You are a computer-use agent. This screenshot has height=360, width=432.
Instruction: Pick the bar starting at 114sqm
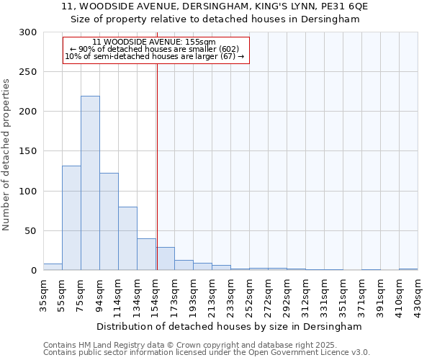(127, 238)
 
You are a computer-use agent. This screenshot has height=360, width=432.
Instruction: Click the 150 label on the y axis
(28, 151)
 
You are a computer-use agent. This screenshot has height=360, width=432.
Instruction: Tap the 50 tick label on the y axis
(31, 231)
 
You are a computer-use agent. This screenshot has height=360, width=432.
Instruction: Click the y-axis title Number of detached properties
(6, 155)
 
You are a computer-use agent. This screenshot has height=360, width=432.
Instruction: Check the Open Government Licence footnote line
(206, 352)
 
